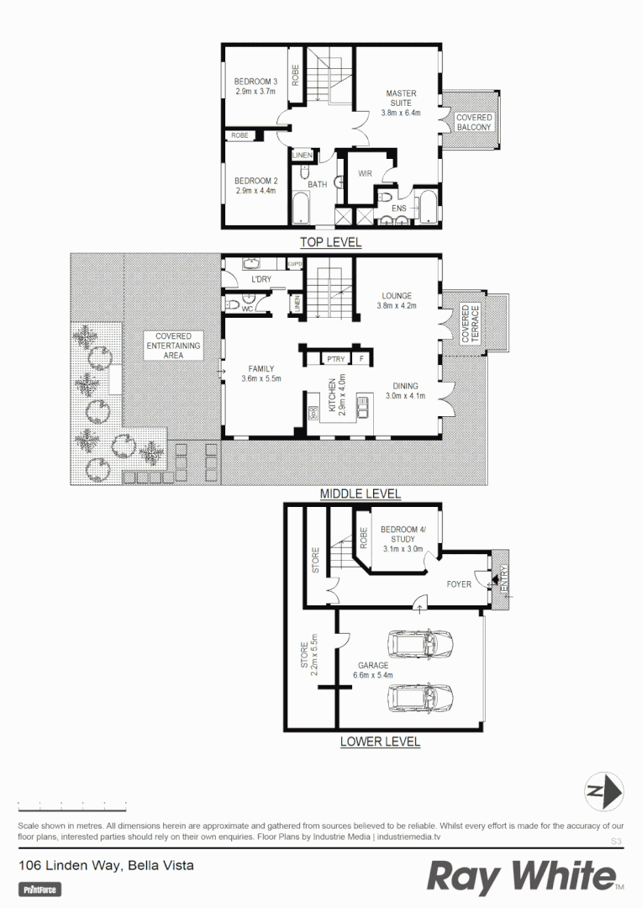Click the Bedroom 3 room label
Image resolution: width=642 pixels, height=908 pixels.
(x=255, y=87)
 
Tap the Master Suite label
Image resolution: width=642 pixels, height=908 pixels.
(x=401, y=103)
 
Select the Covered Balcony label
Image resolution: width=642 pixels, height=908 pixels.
(x=474, y=123)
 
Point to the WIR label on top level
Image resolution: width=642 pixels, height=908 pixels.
(x=365, y=173)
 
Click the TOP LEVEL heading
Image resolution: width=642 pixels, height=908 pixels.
(x=331, y=243)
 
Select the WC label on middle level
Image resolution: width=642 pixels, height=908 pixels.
(x=248, y=309)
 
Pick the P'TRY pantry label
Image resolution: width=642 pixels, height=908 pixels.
(x=336, y=359)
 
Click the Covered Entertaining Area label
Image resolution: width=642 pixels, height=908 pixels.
(x=174, y=346)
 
